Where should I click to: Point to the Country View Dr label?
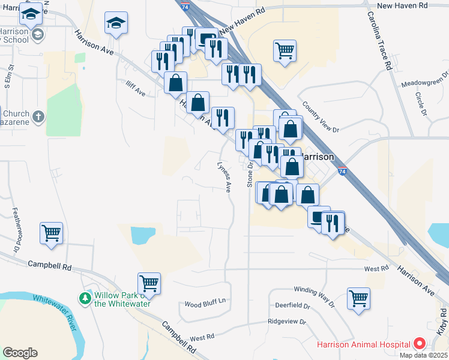coord(321,117)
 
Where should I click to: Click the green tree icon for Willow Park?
coord(85,298)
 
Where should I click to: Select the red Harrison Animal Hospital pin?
coord(420,344)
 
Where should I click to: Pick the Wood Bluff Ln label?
coord(205,303)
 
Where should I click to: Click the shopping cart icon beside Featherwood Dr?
coord(51,232)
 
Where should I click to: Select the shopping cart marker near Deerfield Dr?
coord(358,298)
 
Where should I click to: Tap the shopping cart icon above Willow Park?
coord(148,283)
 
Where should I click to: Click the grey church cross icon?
coord(38,116)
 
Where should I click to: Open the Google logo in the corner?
coord(20,353)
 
